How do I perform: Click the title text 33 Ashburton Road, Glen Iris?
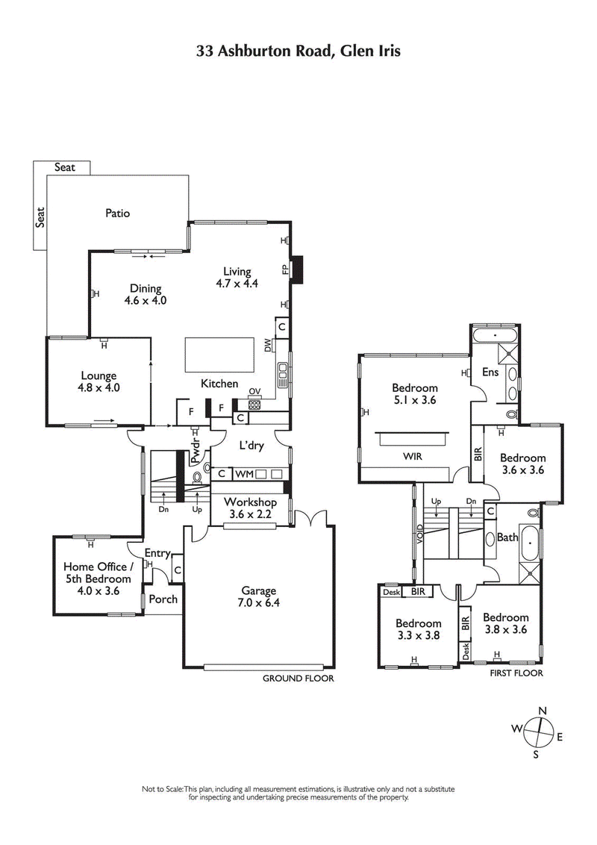point(298,51)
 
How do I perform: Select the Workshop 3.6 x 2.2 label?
point(245,507)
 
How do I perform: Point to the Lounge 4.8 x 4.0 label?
point(99,381)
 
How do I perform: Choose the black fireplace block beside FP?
point(297,269)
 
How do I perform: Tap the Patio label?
point(117,213)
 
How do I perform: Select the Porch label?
point(163,599)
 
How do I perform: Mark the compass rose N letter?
point(543,710)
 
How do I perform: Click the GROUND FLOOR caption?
point(298,679)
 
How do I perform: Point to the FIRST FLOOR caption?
point(516,673)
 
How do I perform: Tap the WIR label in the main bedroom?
point(413,456)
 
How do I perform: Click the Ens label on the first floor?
point(490,372)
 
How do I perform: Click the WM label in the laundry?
point(244,473)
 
